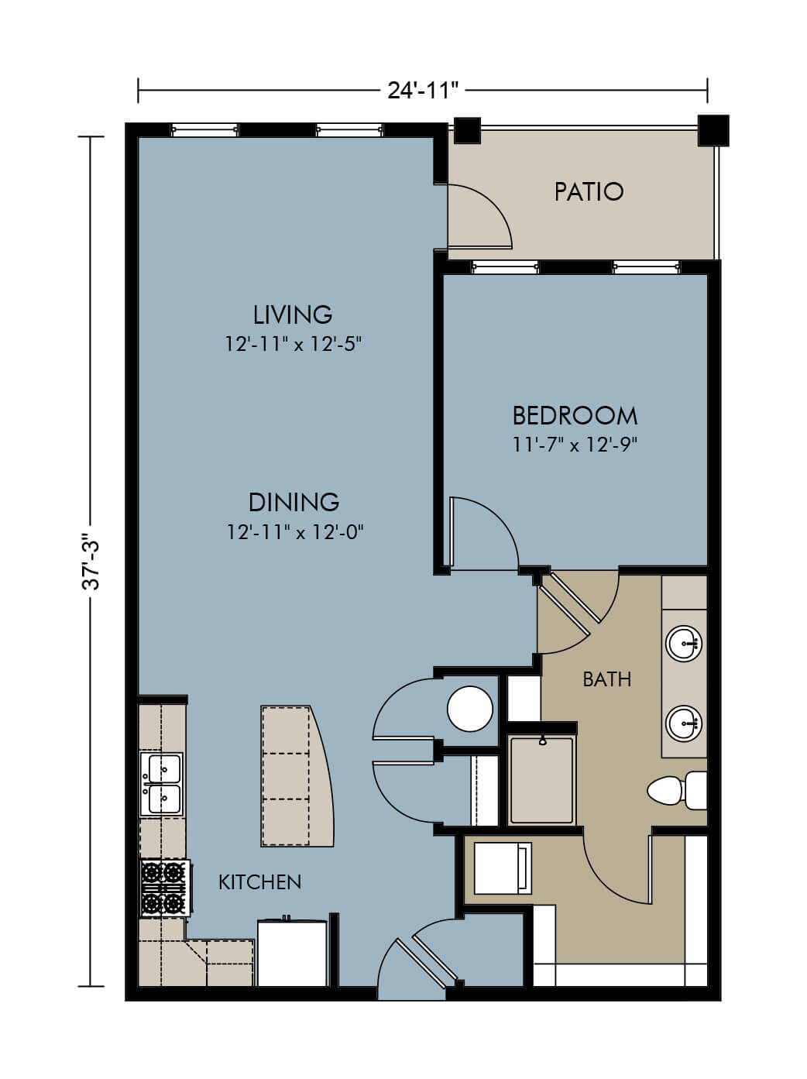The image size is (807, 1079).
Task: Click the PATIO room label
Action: (x=589, y=192)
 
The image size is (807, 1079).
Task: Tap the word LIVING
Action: (x=293, y=314)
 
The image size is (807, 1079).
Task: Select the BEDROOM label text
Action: (x=575, y=416)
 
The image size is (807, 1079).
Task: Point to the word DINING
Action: (x=294, y=502)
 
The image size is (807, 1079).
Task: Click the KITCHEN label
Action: (x=259, y=882)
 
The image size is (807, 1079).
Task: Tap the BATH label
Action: (x=607, y=679)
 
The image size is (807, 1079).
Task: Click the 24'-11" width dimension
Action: (x=423, y=91)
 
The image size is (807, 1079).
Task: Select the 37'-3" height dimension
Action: (x=91, y=562)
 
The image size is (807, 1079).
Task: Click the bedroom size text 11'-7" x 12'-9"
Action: (x=575, y=445)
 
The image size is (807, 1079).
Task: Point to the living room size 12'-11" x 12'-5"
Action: (x=294, y=344)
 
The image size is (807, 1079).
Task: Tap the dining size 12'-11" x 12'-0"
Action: (x=295, y=532)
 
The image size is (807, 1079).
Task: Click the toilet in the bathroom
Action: (x=677, y=790)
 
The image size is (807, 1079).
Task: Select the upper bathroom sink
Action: (x=684, y=644)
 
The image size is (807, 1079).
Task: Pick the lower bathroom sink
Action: (x=684, y=723)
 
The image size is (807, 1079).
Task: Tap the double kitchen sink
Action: (x=162, y=784)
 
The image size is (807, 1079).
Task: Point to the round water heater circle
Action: (x=470, y=709)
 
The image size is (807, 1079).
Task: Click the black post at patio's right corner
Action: (x=713, y=130)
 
